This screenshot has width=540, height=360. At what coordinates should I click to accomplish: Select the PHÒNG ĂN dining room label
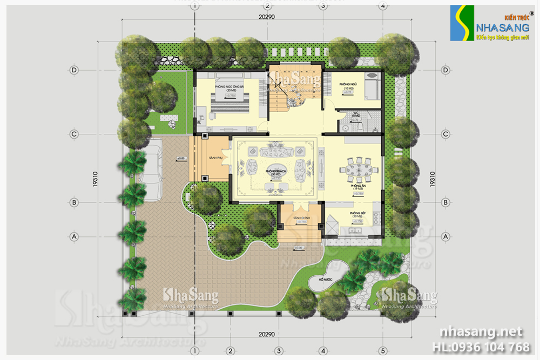[x=356, y=186]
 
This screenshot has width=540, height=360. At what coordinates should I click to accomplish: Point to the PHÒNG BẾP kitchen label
[x=356, y=214]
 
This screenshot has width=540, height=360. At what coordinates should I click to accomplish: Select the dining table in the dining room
[x=356, y=169]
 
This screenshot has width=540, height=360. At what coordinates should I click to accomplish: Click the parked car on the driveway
[x=152, y=162]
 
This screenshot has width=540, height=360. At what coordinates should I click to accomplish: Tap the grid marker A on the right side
[x=446, y=236]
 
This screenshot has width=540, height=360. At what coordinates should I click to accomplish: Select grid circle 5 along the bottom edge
[x=383, y=349]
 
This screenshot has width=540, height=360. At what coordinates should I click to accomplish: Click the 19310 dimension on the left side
[x=96, y=181]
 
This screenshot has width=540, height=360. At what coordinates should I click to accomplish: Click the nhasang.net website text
[x=481, y=331]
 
